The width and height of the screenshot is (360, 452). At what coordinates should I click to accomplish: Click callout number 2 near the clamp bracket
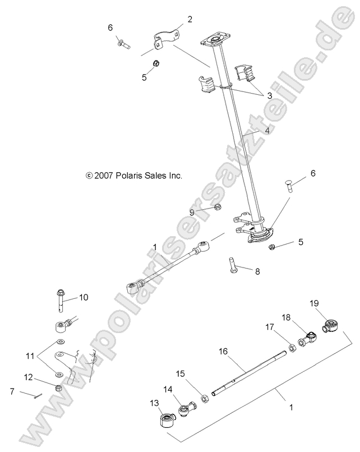190,19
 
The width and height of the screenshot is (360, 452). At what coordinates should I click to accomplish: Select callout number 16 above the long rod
223,351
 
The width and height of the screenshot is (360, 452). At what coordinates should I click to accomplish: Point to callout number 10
84,297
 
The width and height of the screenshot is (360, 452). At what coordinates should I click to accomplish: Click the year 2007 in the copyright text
105,176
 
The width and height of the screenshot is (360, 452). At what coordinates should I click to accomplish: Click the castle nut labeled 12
58,387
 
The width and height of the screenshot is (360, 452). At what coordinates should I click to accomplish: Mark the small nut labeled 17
292,348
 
